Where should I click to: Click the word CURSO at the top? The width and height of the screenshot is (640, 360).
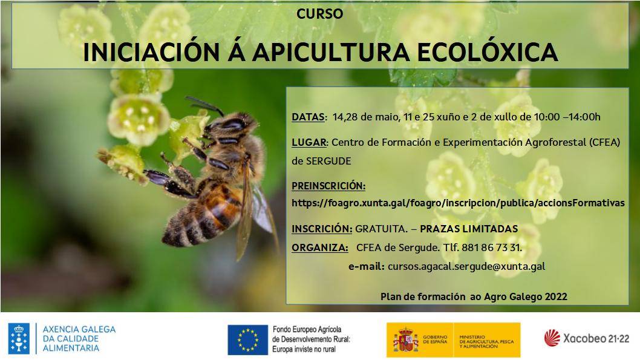(x=319, y=14)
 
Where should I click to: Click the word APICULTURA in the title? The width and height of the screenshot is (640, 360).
(x=331, y=52)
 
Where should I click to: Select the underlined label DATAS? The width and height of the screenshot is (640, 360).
(x=308, y=117)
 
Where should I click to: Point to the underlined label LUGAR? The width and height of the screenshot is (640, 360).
(x=309, y=142)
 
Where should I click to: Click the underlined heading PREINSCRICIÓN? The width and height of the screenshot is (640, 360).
(x=328, y=186)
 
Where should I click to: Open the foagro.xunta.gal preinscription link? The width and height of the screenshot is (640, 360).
(x=458, y=203)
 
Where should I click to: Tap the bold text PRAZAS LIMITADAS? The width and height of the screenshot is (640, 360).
(x=469, y=229)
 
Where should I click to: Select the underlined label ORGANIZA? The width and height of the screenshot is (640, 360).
(x=319, y=247)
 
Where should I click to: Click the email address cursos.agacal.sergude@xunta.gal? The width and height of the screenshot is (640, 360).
(x=466, y=267)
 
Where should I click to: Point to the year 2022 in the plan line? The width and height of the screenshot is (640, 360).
(x=555, y=296)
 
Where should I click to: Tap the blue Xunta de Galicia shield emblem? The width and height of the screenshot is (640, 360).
(x=19, y=338)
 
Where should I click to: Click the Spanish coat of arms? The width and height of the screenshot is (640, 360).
(x=406, y=340)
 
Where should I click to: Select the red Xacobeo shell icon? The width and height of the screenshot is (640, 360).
(x=552, y=338)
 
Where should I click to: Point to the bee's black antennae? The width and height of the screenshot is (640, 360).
(x=204, y=105)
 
